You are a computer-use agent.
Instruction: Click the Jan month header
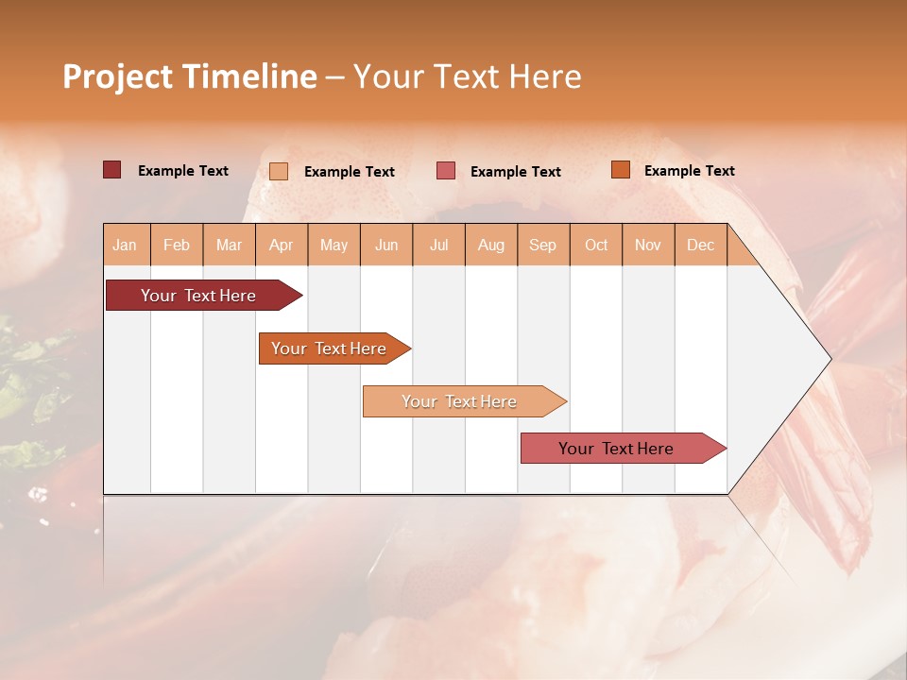click(x=125, y=245)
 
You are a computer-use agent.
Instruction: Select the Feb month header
click(x=177, y=245)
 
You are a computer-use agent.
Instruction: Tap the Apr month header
click(x=281, y=245)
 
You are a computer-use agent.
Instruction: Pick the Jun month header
click(x=386, y=245)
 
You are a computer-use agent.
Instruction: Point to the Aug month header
click(x=490, y=245)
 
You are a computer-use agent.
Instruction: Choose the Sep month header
click(x=542, y=245)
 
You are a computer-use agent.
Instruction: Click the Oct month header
click(x=596, y=245)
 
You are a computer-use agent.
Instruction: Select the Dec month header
click(x=700, y=245)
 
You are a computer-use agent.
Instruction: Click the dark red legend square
click(x=111, y=170)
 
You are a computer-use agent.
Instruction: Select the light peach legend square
click(x=279, y=171)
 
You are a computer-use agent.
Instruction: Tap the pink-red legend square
click(x=446, y=171)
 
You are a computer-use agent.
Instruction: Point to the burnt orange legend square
click(x=620, y=170)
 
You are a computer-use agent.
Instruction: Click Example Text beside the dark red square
click(x=183, y=171)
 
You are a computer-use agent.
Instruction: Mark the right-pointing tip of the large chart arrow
click(x=829, y=359)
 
